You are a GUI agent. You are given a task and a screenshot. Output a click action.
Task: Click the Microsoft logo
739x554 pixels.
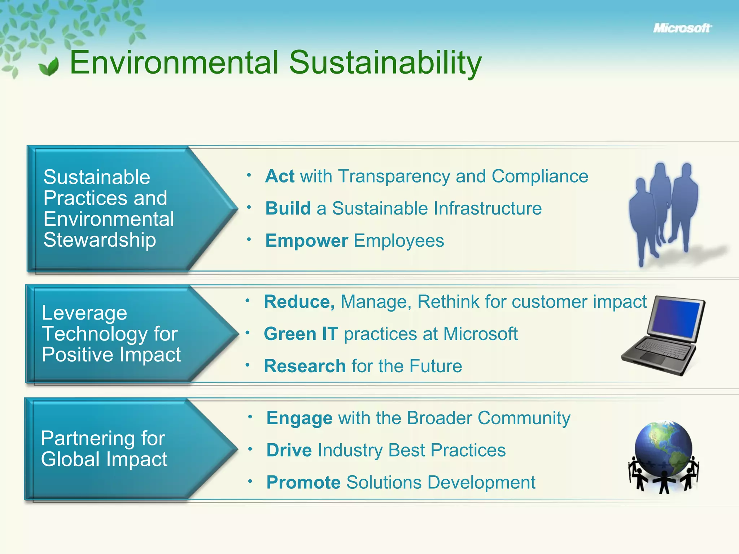[682, 28]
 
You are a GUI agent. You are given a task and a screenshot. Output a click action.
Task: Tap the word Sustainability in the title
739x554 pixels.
[385, 63]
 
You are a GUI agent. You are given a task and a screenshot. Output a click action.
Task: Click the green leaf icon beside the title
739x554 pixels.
[49, 67]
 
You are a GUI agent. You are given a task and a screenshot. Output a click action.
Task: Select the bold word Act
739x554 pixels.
[280, 176]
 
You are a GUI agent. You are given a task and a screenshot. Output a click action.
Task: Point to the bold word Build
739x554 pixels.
[288, 208]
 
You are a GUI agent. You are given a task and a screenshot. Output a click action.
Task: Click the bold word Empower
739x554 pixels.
[306, 241]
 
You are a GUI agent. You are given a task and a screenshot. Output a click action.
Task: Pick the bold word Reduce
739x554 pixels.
[299, 302]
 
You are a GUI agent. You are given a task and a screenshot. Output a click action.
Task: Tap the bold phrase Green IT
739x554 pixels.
[301, 334]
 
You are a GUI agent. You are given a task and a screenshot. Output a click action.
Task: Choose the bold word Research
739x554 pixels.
[305, 366]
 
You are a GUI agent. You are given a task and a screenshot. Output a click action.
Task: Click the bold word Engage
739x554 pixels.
[299, 418]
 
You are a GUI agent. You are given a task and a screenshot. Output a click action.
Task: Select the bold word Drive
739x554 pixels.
[289, 450]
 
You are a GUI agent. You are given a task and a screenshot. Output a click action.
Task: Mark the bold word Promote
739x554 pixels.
[303, 482]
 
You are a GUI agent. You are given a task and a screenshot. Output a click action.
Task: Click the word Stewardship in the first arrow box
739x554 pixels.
[100, 240]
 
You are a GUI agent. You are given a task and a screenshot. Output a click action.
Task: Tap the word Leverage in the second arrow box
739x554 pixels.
[84, 313]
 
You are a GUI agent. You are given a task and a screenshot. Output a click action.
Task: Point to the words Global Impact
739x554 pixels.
[104, 459]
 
